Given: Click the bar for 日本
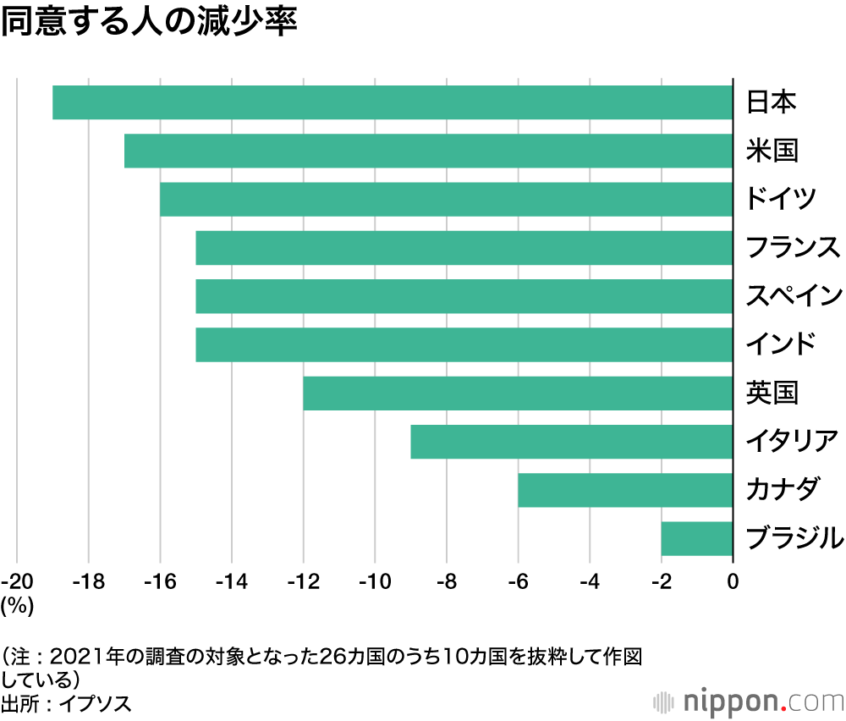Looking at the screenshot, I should pyautogui.click(x=392, y=102).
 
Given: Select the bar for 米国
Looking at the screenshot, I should pyautogui.click(x=427, y=151).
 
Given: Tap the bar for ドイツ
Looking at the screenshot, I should pyautogui.click(x=445, y=200).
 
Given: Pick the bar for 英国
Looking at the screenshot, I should pyautogui.click(x=517, y=394).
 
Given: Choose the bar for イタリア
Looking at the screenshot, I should pyautogui.click(x=571, y=442).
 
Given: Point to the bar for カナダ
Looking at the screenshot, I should pyautogui.click(x=624, y=490).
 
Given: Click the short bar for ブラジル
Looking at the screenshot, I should pyautogui.click(x=696, y=538).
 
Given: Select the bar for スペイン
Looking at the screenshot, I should pyautogui.click(x=463, y=296).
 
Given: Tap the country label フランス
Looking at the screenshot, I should pyautogui.click(x=793, y=248).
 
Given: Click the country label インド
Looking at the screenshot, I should pyautogui.click(x=781, y=344).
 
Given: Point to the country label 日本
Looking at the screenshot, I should pyautogui.click(x=771, y=102).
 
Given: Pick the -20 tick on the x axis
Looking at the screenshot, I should pyautogui.click(x=18, y=581).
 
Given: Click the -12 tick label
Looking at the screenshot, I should pyautogui.click(x=303, y=581).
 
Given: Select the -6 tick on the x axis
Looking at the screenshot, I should pyautogui.click(x=518, y=581).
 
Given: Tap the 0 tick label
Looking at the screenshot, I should pyautogui.click(x=733, y=581).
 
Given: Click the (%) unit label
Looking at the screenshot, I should pyautogui.click(x=17, y=604).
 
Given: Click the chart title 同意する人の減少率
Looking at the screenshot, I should pyautogui.click(x=149, y=23).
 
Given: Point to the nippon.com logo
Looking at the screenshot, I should pyautogui.click(x=750, y=702).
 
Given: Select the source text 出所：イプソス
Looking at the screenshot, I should pyautogui.click(x=66, y=703).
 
